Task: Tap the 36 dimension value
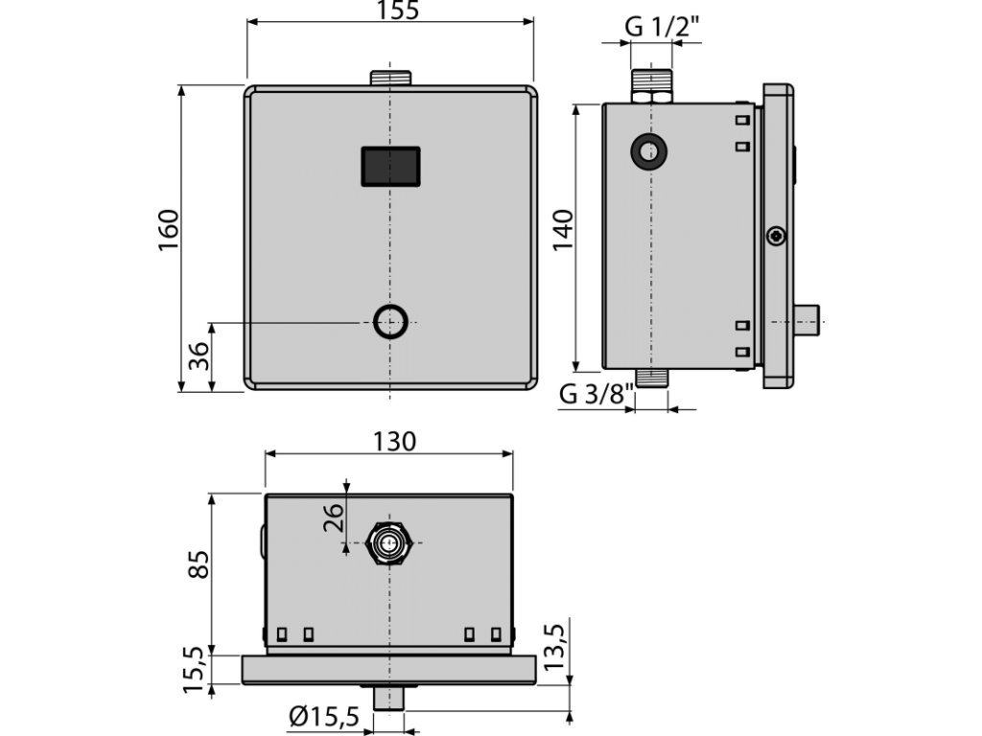(x=199, y=356)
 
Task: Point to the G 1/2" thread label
(x=662, y=27)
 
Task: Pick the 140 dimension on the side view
(x=562, y=230)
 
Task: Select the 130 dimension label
(x=394, y=441)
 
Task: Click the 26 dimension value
(x=334, y=517)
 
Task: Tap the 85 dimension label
(x=199, y=564)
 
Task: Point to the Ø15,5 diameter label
(x=324, y=716)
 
